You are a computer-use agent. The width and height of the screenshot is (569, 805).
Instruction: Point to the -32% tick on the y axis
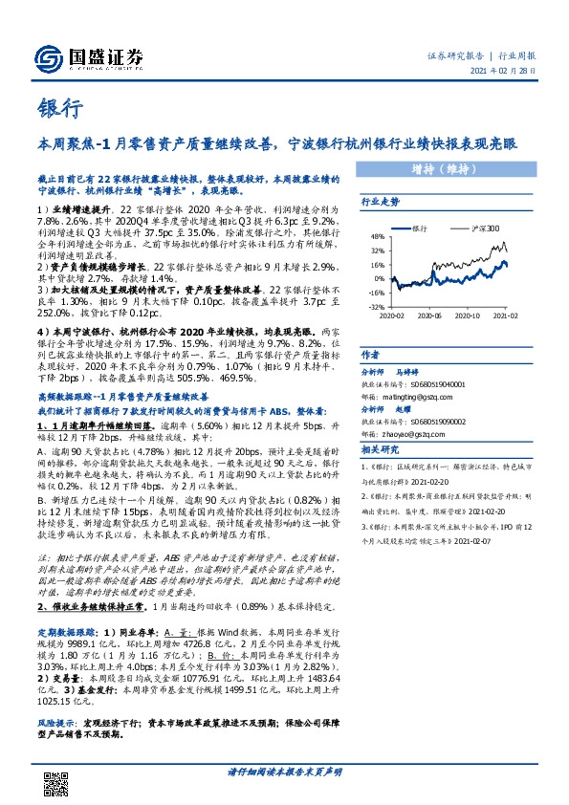375,307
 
